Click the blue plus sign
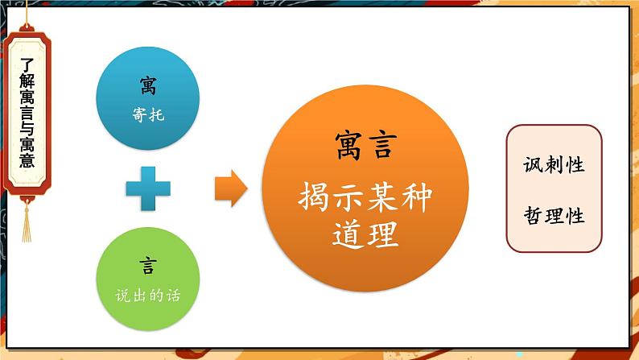[149, 188]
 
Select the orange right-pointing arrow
[231, 188]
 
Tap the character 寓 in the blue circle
[148, 84]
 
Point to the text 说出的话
[148, 296]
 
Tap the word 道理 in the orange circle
[365, 234]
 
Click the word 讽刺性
[554, 165]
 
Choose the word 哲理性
[554, 216]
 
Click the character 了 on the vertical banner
[27, 59]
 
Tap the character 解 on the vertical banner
[27, 79]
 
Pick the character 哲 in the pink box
[533, 216]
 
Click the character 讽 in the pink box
[533, 165]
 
